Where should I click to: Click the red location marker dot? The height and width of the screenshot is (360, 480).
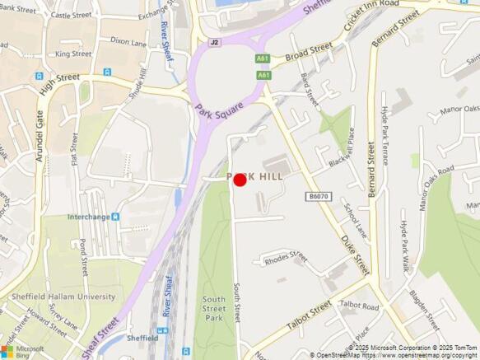tap(240, 180)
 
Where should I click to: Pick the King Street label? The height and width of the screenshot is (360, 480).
tap(73, 54)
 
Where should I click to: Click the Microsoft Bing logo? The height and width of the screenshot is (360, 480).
tap(24, 350)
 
